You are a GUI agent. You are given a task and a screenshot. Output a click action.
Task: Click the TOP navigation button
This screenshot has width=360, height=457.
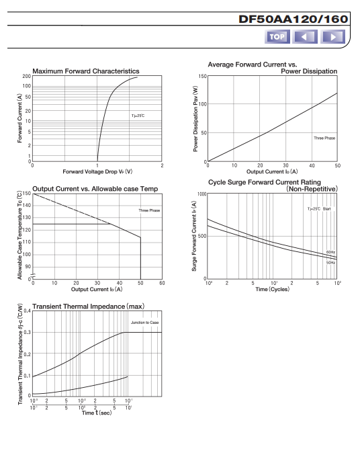[277, 37]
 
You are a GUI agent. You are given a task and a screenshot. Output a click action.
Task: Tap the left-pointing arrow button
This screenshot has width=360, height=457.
[305, 37]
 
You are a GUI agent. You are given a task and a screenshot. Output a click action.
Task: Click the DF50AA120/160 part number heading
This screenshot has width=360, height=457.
[293, 19]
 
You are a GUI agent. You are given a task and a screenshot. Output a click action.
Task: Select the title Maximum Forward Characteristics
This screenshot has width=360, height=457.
[86, 71]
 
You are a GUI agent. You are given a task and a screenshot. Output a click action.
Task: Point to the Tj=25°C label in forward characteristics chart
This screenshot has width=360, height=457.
[138, 116]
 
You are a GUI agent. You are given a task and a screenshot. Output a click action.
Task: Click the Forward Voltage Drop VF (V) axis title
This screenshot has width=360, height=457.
[97, 171]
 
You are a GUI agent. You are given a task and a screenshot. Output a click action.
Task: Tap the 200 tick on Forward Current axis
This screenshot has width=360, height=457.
[26, 77]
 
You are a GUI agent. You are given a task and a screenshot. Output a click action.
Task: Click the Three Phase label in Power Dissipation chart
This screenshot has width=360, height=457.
[324, 138]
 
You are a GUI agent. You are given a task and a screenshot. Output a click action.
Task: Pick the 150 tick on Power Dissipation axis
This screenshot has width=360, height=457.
[202, 77]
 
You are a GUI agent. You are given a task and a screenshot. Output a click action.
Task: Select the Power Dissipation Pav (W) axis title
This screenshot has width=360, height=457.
[195, 119]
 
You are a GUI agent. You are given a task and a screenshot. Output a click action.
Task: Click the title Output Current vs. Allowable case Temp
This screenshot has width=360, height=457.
[95, 189]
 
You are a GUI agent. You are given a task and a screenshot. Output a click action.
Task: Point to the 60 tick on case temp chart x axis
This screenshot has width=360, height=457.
[162, 283]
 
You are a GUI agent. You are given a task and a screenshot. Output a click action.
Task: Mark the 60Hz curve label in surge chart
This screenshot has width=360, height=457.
[330, 252]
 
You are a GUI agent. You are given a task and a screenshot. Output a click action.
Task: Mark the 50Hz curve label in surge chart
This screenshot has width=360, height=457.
[330, 263]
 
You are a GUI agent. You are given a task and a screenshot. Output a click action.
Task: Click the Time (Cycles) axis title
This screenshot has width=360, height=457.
[272, 290]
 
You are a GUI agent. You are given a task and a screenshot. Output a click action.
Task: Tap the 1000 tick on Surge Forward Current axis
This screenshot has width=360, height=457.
[201, 194]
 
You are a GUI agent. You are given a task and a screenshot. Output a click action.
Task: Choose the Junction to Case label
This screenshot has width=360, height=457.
[145, 323]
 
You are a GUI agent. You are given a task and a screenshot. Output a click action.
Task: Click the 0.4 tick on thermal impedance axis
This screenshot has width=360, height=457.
[27, 310]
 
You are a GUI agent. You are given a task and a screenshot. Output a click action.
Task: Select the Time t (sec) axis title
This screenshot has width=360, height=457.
[97, 413]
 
